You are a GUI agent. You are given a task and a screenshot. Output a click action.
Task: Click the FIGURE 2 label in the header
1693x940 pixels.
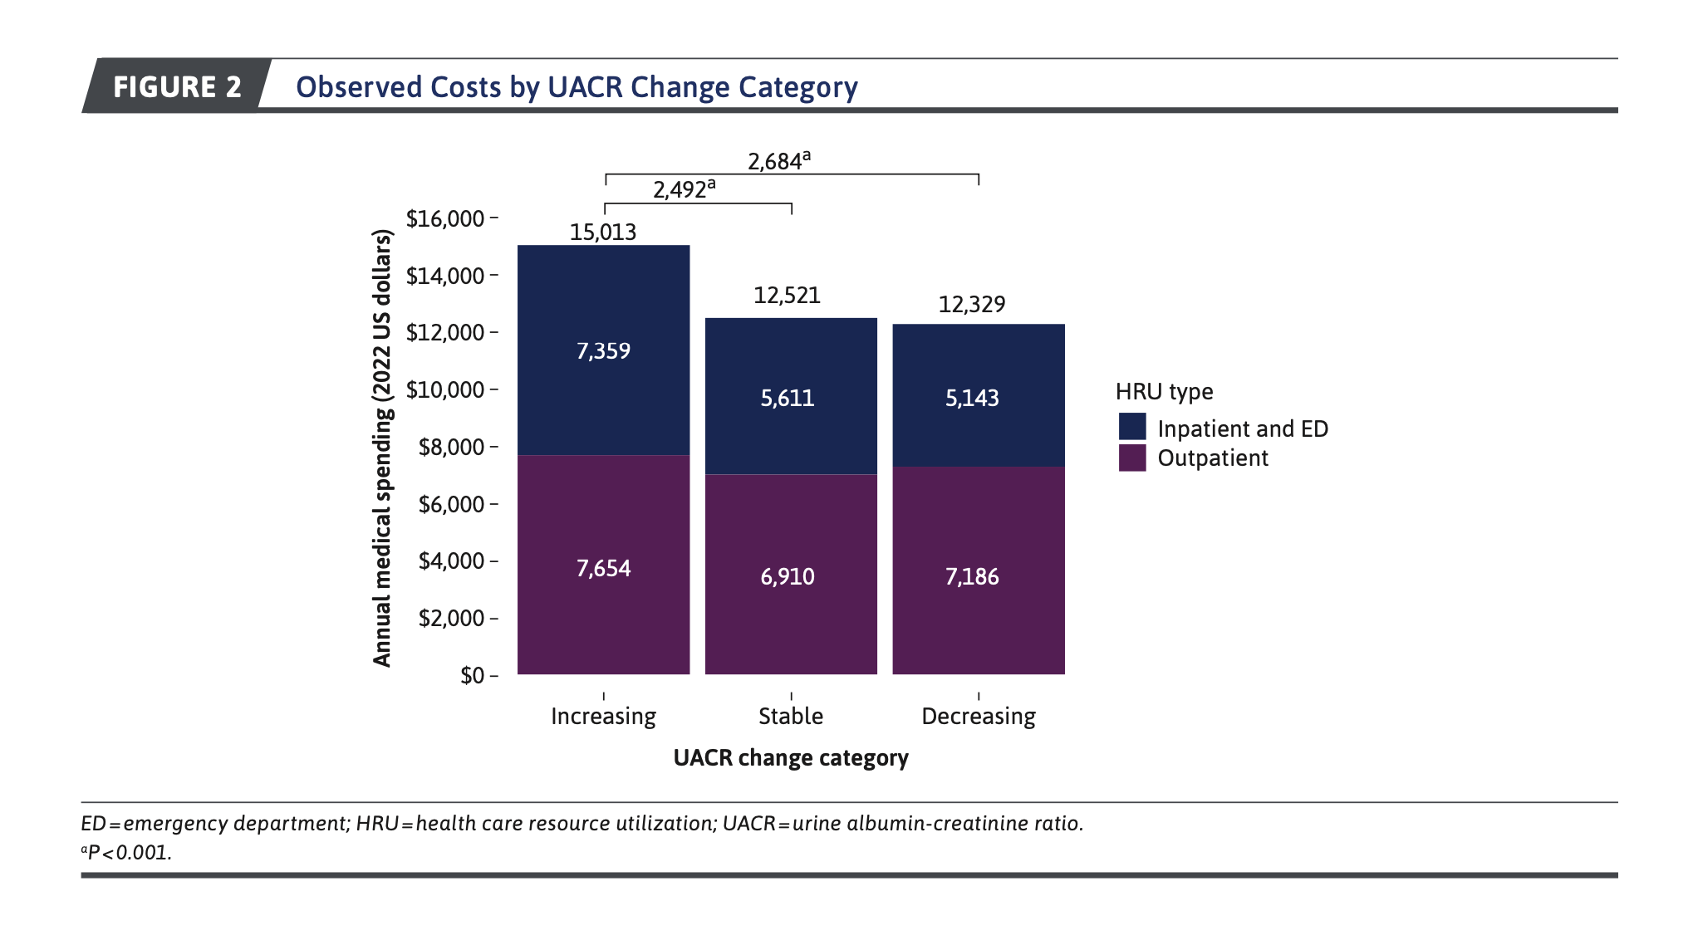coord(177,86)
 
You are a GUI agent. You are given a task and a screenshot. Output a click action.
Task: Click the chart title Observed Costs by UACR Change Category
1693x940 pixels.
coord(577,87)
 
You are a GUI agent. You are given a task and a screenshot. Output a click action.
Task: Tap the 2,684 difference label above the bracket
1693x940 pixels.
coord(778,160)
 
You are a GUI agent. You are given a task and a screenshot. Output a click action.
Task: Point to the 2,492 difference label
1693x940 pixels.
coord(683,189)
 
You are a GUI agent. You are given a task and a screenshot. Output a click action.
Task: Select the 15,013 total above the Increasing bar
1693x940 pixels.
coord(603,232)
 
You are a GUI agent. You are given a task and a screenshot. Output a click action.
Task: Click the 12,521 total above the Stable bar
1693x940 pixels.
coord(787,295)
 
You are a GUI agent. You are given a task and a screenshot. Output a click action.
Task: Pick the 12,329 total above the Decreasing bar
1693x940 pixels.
coord(971,304)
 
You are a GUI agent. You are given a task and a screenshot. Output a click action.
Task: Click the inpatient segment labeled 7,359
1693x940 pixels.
coord(603,350)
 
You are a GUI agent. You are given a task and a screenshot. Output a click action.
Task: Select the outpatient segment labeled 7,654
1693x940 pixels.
coord(603,568)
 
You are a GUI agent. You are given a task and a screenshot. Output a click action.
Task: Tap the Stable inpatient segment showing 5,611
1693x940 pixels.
coord(788,398)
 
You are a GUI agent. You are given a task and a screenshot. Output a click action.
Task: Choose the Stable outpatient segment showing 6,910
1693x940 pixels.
coord(788,576)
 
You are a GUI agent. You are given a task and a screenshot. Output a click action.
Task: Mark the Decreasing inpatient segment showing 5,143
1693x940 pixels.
coord(972,398)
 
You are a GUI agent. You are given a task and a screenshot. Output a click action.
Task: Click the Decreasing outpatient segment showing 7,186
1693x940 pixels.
coord(972,576)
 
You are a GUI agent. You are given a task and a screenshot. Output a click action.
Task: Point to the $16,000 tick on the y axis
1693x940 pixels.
coord(445,218)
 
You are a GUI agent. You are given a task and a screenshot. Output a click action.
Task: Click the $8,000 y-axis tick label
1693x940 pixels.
coord(451,447)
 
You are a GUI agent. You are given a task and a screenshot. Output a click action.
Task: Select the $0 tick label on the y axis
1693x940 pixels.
coord(472,675)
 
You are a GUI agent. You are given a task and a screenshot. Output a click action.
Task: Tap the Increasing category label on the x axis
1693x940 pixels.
coord(603,716)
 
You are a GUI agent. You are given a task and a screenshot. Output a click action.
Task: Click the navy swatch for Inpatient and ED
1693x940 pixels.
coord(1132,427)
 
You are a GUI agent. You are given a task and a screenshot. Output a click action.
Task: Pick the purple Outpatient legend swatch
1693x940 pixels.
coord(1132,458)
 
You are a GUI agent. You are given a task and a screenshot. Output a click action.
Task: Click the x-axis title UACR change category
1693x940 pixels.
coord(791,757)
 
